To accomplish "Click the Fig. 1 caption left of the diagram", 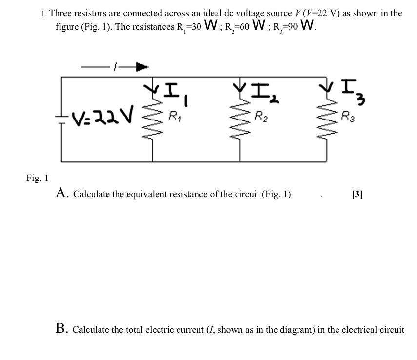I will [37, 178].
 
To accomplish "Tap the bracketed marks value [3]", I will [357, 194].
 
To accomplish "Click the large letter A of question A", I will [61, 193].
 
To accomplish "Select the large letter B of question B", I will [61, 329].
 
